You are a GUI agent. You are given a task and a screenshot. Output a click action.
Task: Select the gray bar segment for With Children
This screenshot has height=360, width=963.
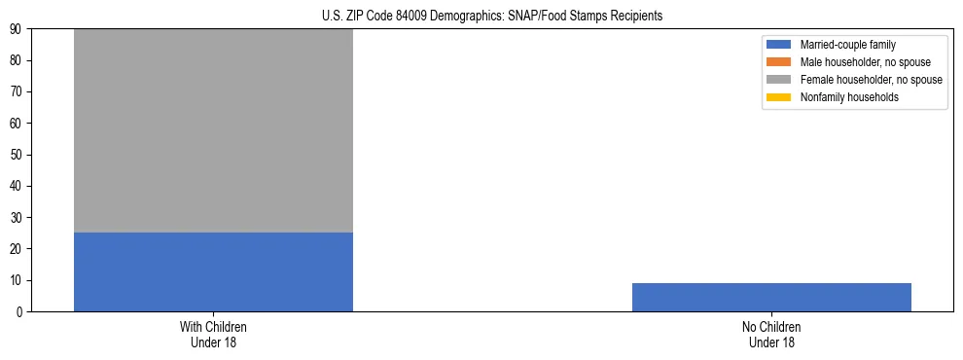213,130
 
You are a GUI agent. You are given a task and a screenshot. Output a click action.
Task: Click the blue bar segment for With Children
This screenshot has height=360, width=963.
213,271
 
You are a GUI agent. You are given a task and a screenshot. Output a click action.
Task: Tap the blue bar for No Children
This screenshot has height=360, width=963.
771,297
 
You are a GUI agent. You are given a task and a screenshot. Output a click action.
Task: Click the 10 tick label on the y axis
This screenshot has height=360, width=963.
19,280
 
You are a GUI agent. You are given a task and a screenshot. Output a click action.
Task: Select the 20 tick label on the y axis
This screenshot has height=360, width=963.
19,249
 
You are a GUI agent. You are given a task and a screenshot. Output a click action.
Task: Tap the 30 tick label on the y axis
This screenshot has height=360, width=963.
19,218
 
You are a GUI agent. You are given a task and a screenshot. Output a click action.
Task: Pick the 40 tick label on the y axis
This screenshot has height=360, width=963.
19,186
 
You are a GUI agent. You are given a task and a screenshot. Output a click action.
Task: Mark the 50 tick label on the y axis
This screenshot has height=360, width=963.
19,155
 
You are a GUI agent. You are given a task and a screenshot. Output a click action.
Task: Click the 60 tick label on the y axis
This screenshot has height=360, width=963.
19,124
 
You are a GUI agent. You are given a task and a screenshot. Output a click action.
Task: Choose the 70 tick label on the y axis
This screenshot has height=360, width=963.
19,92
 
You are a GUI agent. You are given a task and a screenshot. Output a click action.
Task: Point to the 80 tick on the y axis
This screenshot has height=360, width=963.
19,60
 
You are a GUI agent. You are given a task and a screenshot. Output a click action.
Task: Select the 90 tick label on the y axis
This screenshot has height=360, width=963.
19,29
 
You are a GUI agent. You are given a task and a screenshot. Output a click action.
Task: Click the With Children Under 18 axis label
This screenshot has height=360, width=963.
213,335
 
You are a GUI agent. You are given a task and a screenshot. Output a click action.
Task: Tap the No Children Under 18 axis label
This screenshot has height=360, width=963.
771,335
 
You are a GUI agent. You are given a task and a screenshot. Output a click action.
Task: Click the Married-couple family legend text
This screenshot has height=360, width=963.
848,45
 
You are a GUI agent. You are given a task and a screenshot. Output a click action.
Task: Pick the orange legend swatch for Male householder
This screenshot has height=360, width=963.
779,62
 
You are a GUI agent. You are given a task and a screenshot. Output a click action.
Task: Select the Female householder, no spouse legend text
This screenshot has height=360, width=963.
872,80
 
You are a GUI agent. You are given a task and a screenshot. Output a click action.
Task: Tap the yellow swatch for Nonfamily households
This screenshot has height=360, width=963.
779,97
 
